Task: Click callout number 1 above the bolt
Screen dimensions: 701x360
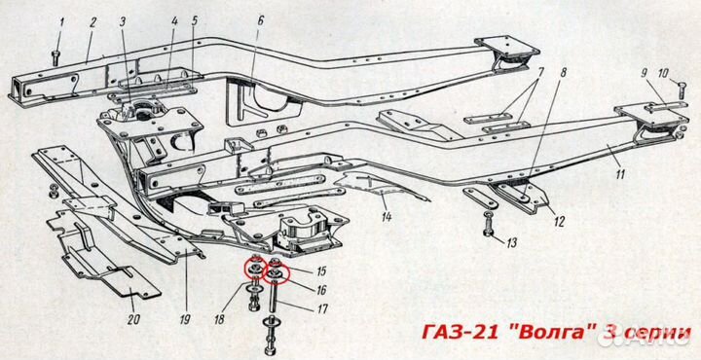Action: (x=62, y=21)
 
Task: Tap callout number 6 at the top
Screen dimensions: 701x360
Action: (x=261, y=21)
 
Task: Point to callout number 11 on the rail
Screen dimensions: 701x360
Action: (x=620, y=174)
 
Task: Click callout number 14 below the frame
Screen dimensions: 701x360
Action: (x=387, y=217)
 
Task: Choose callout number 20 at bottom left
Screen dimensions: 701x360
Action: (x=133, y=320)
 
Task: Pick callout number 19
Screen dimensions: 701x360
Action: (x=185, y=320)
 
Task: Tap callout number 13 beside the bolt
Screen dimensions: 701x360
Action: (x=512, y=243)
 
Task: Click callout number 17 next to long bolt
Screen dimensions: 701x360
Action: (x=322, y=308)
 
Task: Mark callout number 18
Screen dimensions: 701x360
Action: (x=219, y=320)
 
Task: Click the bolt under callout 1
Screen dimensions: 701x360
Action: (x=55, y=58)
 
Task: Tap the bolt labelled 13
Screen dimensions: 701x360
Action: (x=488, y=224)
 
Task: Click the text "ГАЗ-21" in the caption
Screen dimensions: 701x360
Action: (x=461, y=333)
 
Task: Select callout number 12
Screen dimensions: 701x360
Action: (x=560, y=221)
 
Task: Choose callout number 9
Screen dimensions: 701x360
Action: (x=645, y=73)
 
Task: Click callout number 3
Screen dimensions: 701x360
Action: (x=123, y=22)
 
